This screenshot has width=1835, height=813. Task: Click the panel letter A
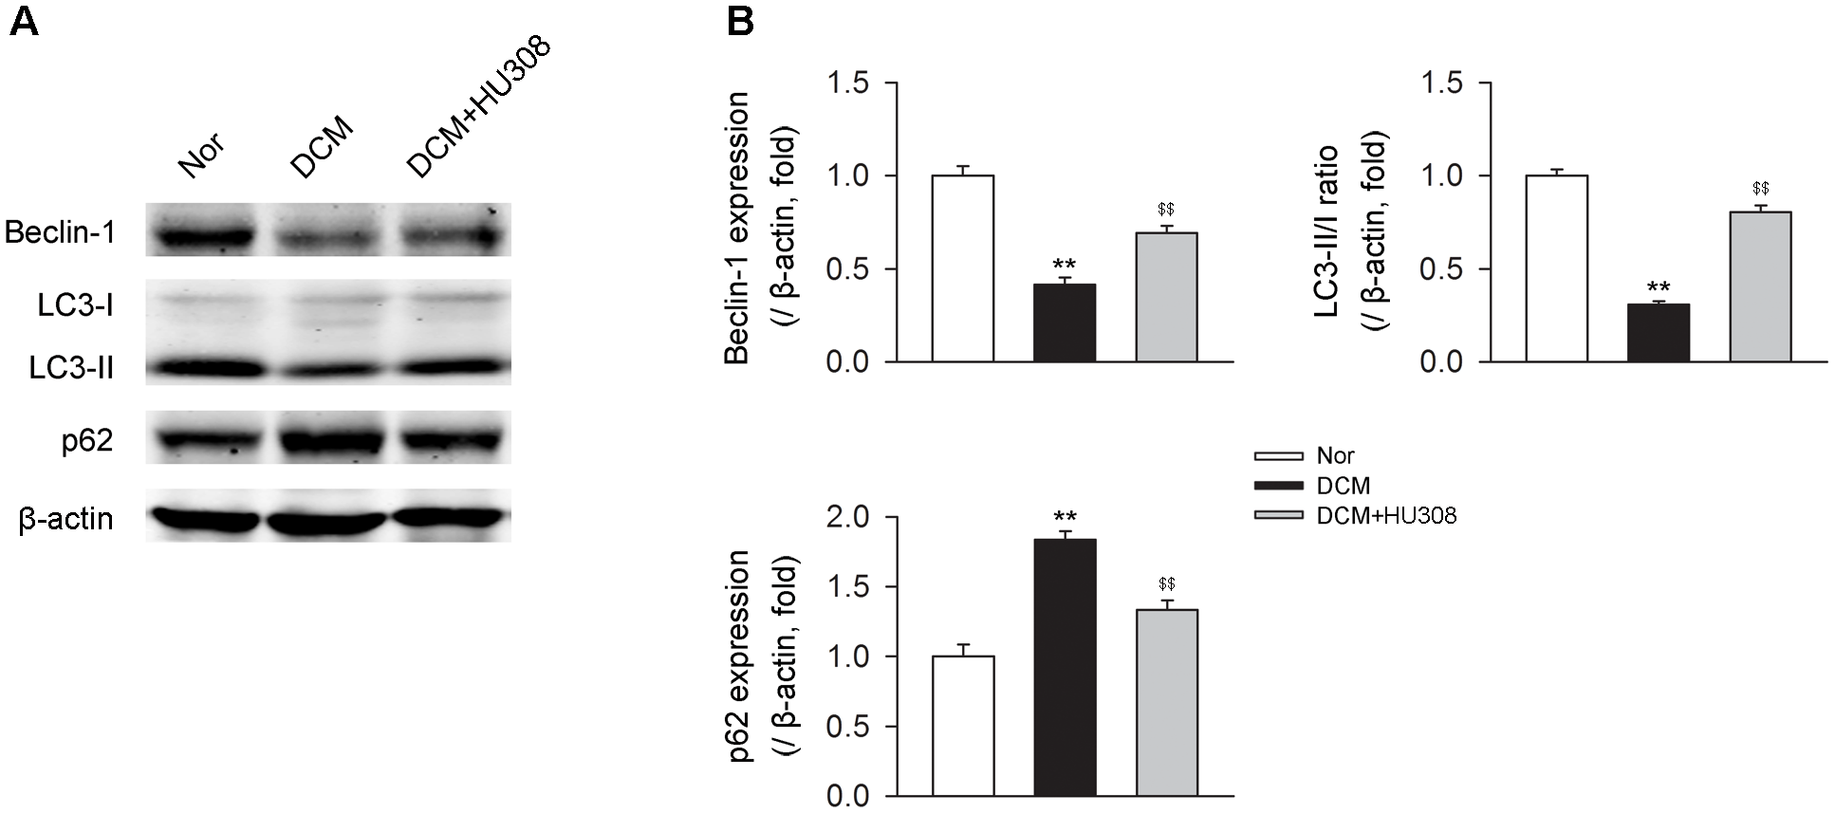click(x=24, y=22)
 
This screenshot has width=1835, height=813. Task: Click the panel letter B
click(x=739, y=22)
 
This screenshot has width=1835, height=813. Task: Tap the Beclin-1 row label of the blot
click(x=61, y=232)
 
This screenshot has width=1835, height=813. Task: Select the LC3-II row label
click(x=72, y=368)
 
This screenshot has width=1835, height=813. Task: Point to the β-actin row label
click(x=66, y=520)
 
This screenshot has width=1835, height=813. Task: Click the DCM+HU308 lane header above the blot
click(x=477, y=109)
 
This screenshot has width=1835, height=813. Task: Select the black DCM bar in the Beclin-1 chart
click(x=1065, y=323)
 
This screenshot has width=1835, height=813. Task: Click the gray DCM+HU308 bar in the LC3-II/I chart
click(x=1760, y=286)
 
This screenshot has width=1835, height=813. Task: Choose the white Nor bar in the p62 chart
click(x=963, y=726)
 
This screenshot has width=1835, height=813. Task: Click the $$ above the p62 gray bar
click(x=1166, y=583)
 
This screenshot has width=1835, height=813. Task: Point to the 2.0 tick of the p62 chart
click(x=848, y=518)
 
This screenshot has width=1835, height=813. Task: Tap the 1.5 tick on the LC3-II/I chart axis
click(x=1443, y=83)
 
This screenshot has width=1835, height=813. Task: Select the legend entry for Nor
click(x=1335, y=456)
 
